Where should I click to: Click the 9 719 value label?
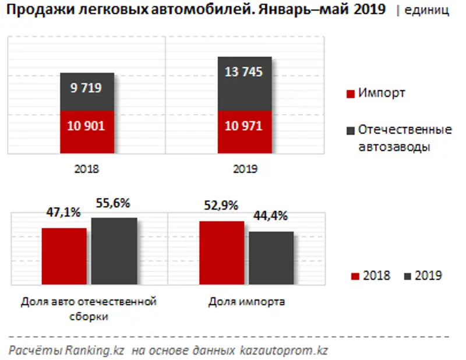pyautogui.click(x=86, y=89)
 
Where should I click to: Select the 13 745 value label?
pyautogui.click(x=244, y=72)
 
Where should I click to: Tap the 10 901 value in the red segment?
pyautogui.click(x=86, y=126)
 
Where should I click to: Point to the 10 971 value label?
pyautogui.click(x=244, y=126)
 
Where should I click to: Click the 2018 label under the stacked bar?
pyautogui.click(x=87, y=170)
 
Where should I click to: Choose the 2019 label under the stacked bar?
pyautogui.click(x=245, y=170)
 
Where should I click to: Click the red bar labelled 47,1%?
pyautogui.click(x=64, y=256)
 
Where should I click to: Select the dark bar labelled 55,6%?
pyautogui.click(x=114, y=252)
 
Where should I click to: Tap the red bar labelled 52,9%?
pyautogui.click(x=222, y=253)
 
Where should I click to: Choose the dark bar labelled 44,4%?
pyautogui.click(x=271, y=259)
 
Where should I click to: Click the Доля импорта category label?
pyautogui.click(x=246, y=302)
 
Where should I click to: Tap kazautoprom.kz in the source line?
pyautogui.click(x=284, y=351)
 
